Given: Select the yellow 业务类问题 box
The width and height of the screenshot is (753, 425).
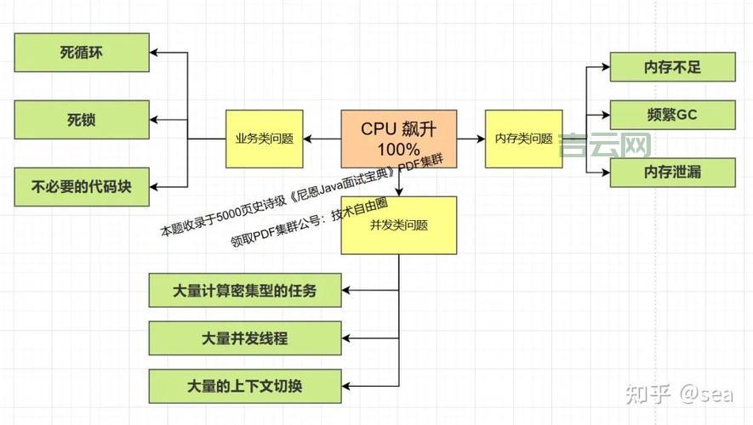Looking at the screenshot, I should (265, 139).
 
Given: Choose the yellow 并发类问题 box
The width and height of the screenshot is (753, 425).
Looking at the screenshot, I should (398, 225).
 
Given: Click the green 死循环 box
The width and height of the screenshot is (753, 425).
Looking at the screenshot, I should (82, 53).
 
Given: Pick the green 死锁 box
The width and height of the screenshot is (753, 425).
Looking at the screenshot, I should (82, 119).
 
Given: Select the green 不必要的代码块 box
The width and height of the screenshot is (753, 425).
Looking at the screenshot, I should (82, 186).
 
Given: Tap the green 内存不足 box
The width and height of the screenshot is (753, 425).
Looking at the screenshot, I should (672, 67).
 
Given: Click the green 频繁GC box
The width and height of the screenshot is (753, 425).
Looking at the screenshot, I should (672, 113).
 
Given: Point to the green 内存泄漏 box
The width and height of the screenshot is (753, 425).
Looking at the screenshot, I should (672, 172).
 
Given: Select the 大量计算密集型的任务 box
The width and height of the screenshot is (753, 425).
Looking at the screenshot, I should (245, 290).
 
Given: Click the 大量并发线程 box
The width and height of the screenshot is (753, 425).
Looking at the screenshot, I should (245, 337).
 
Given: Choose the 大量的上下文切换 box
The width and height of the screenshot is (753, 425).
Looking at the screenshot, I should (245, 386).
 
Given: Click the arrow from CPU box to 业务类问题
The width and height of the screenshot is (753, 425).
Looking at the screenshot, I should (322, 139).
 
